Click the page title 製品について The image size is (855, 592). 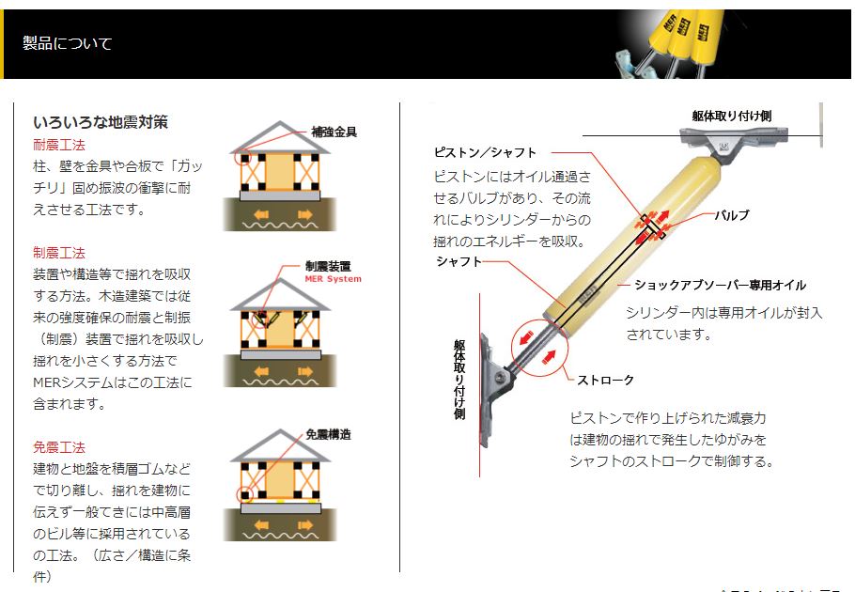[67, 43]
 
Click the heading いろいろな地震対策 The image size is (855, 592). [101, 122]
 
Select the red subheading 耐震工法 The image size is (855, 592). [59, 145]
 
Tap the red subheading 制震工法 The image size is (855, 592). [59, 253]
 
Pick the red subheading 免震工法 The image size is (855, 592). [59, 447]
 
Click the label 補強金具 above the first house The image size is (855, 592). [334, 132]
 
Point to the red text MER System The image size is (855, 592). [333, 279]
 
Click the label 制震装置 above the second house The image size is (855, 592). [328, 267]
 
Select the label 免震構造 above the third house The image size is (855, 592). [328, 435]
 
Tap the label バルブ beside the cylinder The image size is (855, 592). [731, 215]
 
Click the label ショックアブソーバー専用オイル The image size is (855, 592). [720, 286]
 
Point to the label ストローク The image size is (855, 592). [605, 380]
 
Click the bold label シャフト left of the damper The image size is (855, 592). [459, 262]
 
